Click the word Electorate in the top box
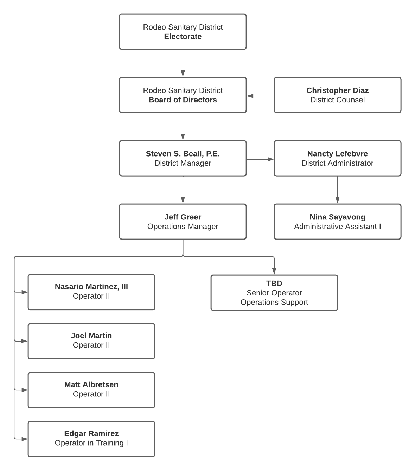pyautogui.click(x=183, y=37)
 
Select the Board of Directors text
pyautogui.click(x=183, y=100)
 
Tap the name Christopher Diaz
pyautogui.click(x=337, y=90)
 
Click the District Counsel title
pyautogui.click(x=337, y=100)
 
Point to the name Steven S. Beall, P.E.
pyautogui.click(x=183, y=154)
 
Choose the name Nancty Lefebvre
pyautogui.click(x=337, y=154)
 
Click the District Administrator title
pyautogui.click(x=337, y=163)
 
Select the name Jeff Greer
pyautogui.click(x=183, y=217)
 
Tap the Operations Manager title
pyautogui.click(x=183, y=227)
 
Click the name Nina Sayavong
pyautogui.click(x=337, y=217)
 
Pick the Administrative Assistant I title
pyautogui.click(x=337, y=227)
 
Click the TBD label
pyautogui.click(x=274, y=284)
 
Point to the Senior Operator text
pyautogui.click(x=274, y=293)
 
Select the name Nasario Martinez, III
pyautogui.click(x=91, y=287)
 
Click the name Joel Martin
pyautogui.click(x=91, y=336)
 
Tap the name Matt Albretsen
pyautogui.click(x=91, y=384)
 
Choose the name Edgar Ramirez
pyautogui.click(x=91, y=433)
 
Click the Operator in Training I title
pyautogui.click(x=91, y=443)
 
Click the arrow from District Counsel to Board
pyautogui.click(x=260, y=96)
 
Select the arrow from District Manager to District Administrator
pyautogui.click(x=260, y=159)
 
